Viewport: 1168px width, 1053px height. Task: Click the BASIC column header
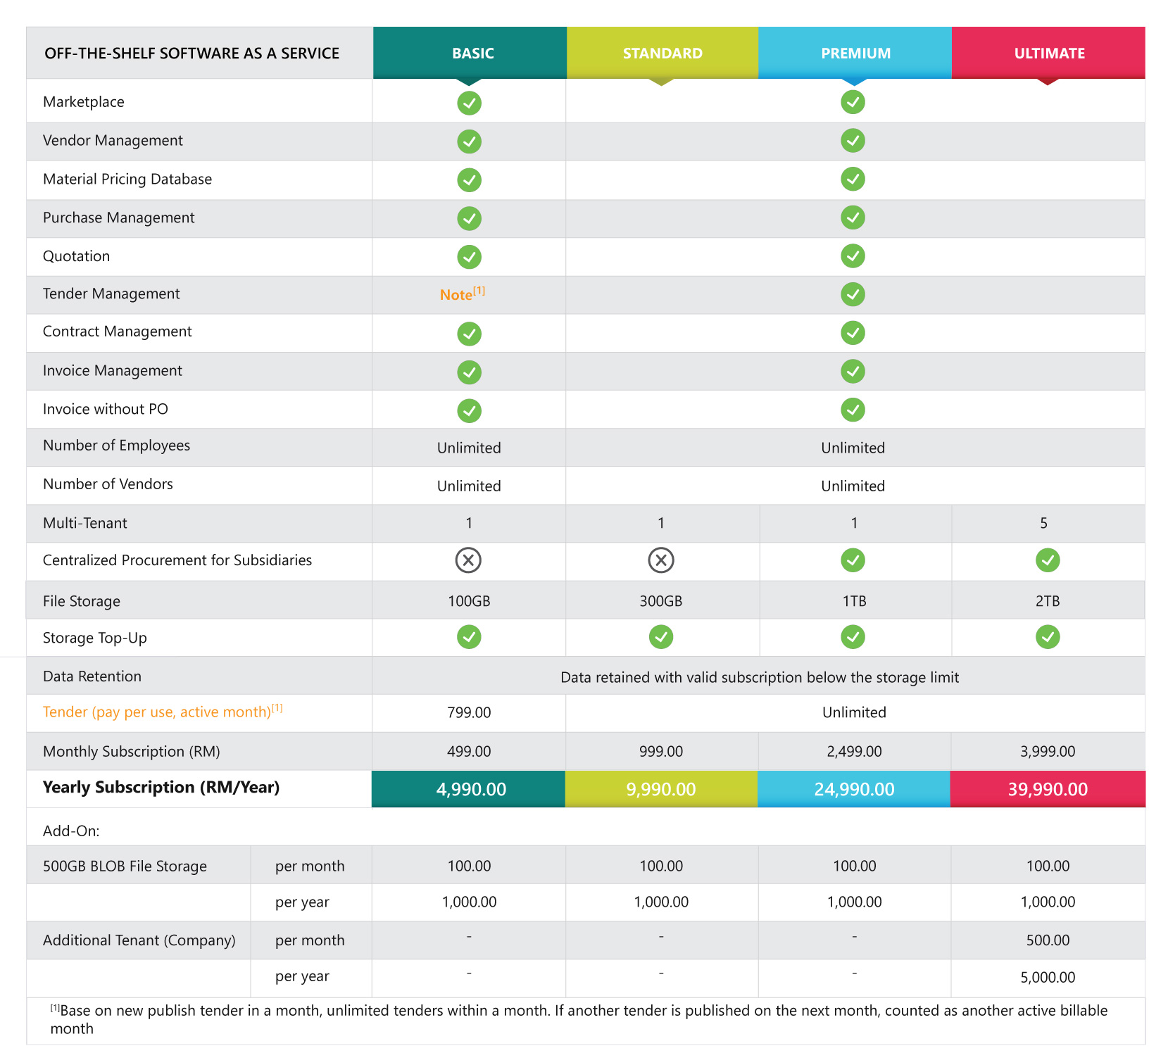click(x=472, y=53)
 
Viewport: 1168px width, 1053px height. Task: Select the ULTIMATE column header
click(x=1049, y=53)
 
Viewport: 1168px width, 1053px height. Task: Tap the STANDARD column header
click(x=662, y=53)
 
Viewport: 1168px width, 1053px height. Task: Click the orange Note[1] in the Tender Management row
click(x=462, y=294)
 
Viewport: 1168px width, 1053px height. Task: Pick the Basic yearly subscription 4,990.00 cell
click(x=470, y=789)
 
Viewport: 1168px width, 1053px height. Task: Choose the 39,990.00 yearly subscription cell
click(x=1048, y=789)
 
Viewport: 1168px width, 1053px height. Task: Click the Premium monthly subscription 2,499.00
click(x=854, y=751)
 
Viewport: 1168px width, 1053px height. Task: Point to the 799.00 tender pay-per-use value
click(x=469, y=712)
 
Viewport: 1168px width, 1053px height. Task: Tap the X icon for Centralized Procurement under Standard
click(x=660, y=560)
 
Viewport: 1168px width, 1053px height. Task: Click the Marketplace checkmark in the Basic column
click(x=469, y=103)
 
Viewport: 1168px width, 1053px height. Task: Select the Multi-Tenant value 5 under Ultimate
click(x=1043, y=523)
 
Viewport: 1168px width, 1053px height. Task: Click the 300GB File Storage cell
click(x=660, y=601)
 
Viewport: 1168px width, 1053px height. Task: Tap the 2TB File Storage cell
click(x=1047, y=601)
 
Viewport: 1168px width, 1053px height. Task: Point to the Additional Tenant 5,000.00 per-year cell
click(x=1048, y=977)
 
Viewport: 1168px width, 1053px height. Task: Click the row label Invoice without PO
click(x=106, y=409)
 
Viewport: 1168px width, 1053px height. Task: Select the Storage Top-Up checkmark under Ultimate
click(x=1048, y=637)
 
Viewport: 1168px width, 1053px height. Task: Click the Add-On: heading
click(x=71, y=831)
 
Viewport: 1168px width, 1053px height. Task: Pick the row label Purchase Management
click(x=118, y=217)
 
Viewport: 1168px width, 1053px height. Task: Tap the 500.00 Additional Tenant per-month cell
click(x=1048, y=940)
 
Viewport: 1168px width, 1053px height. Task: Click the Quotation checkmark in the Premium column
click(x=853, y=256)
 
